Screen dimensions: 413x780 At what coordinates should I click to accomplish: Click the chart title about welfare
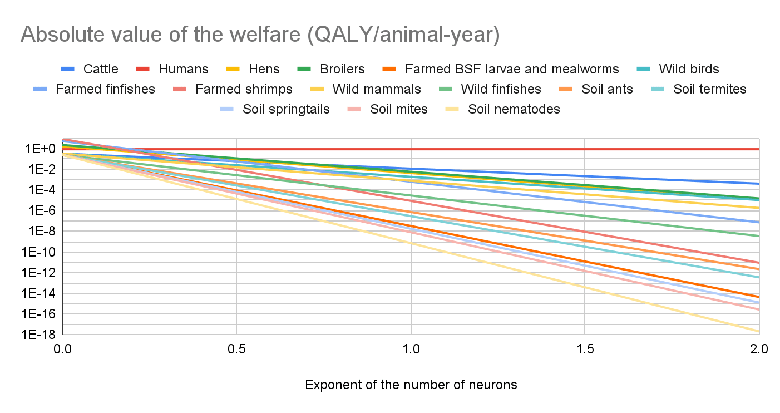(x=260, y=35)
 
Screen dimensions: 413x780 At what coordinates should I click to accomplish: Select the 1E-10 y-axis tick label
(x=38, y=252)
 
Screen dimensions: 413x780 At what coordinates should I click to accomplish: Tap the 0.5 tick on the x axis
(x=236, y=350)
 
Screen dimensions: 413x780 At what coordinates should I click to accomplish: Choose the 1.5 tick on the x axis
(x=585, y=350)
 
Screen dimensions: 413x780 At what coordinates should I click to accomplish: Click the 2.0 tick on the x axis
(x=759, y=350)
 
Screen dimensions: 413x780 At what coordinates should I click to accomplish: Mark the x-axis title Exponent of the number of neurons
(x=411, y=385)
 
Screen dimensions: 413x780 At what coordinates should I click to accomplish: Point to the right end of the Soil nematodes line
(x=758, y=332)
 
